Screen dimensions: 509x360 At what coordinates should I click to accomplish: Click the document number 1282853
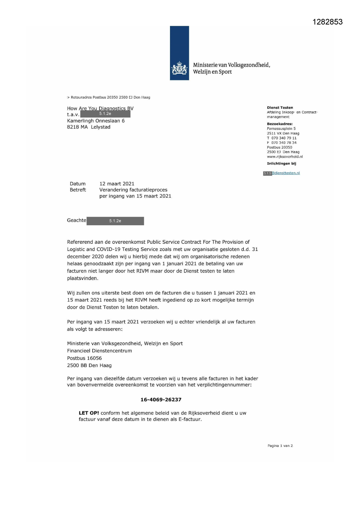pos(328,22)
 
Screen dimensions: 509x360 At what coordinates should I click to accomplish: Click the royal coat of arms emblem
pos(179,69)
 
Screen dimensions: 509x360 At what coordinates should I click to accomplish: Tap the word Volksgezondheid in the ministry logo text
pos(249,65)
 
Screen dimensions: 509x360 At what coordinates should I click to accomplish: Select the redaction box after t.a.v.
pos(105,114)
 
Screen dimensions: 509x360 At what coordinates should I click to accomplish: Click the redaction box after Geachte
pos(115,221)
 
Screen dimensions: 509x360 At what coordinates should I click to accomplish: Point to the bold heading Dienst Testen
pos(280,108)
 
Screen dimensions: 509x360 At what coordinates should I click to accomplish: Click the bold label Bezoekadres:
pos(280,124)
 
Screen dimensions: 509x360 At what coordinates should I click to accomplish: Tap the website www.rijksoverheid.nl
pos(285,157)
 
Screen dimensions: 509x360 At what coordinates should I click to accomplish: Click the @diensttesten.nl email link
pos(286,173)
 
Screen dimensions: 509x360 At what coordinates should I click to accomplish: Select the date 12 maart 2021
pos(117,184)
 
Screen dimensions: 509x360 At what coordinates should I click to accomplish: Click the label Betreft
pos(78,190)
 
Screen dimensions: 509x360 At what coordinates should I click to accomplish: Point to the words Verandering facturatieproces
pos(133,190)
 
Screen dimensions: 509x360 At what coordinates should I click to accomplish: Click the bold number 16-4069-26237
pos(161,400)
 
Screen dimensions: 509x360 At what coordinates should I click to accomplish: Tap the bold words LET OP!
pos(89,413)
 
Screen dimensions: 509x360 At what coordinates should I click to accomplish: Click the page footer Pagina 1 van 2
pos(280,446)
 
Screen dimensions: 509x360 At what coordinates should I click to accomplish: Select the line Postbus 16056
pos(84,358)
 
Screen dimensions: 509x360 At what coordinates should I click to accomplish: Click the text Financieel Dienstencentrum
pos(100,351)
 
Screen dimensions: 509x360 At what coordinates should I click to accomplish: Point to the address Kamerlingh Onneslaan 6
pos(96,121)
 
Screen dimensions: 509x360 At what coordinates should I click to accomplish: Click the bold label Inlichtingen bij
pos(281,164)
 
